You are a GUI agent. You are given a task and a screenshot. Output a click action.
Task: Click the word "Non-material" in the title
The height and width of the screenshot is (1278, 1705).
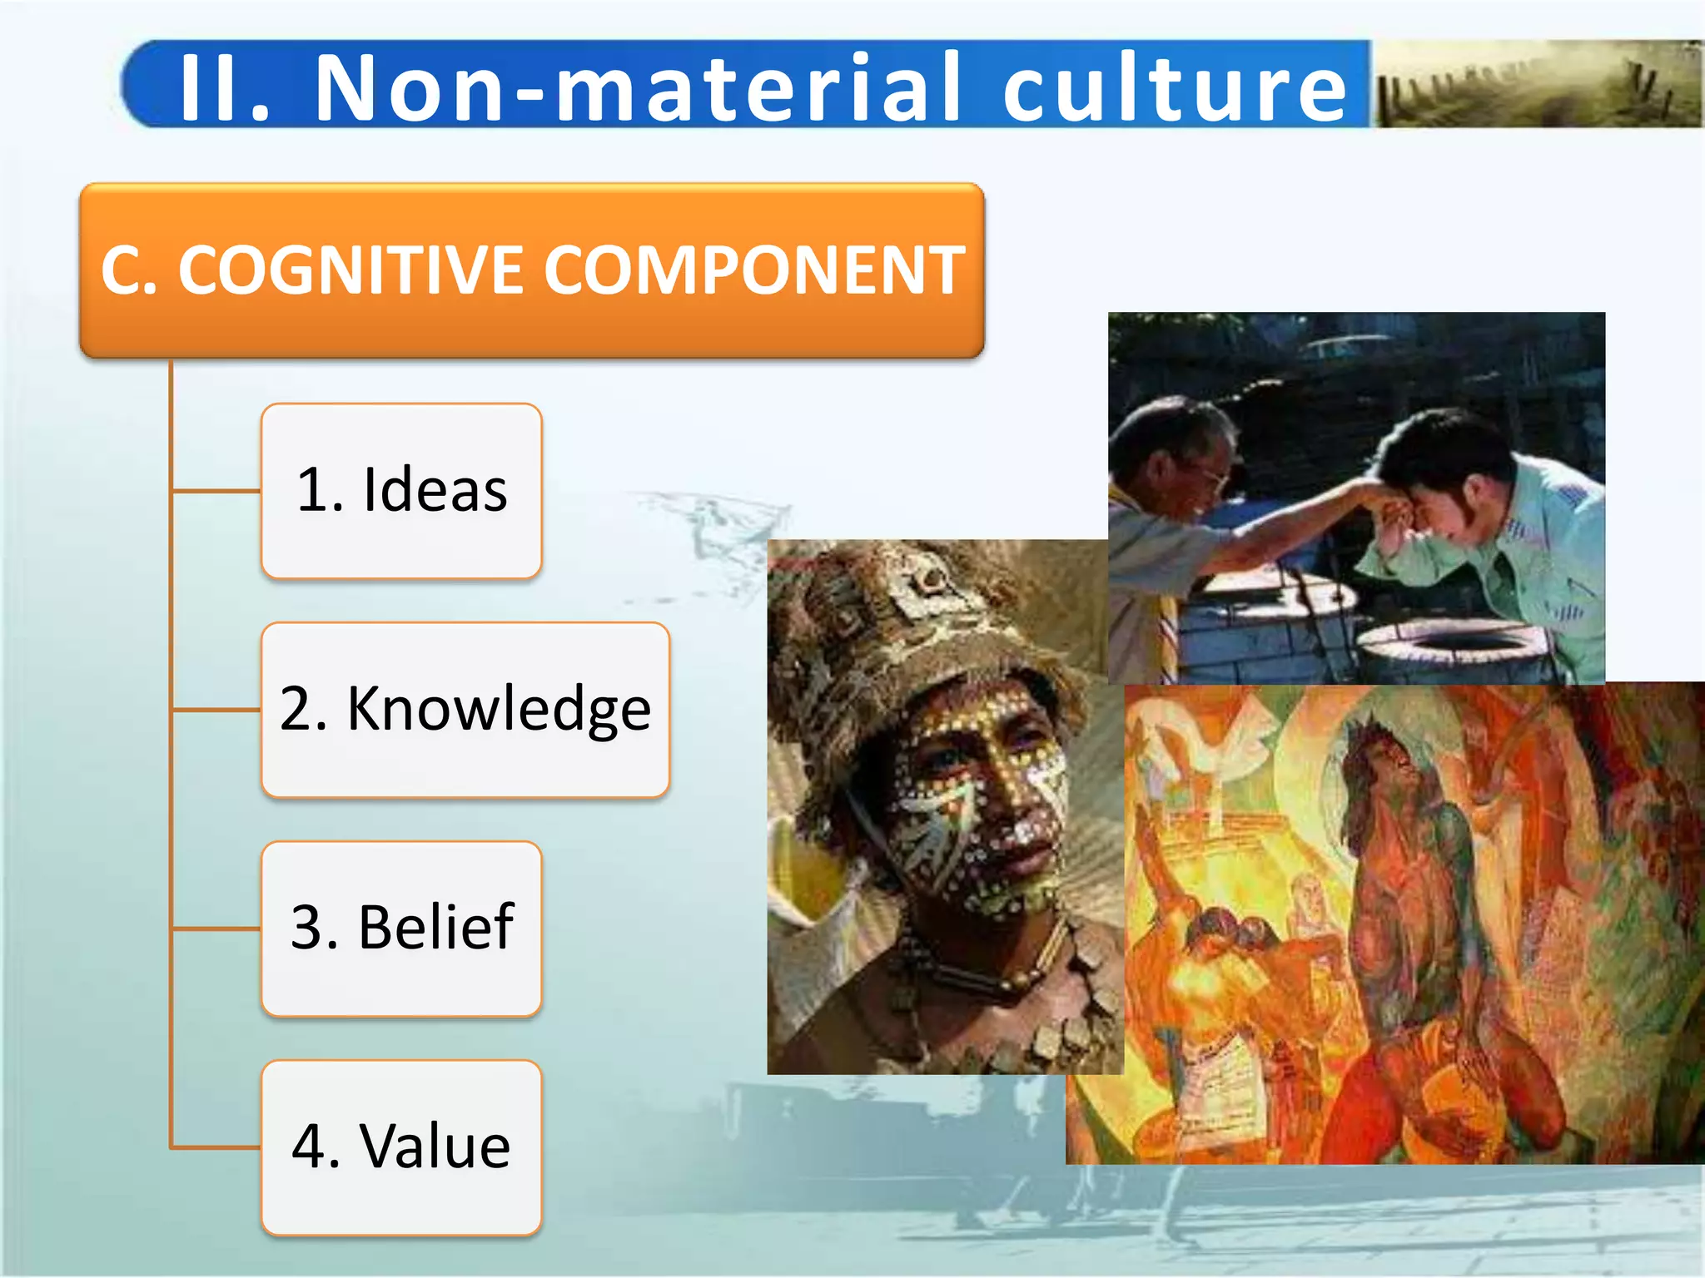[x=637, y=87]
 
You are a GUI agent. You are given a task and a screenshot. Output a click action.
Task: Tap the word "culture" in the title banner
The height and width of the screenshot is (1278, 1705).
[x=1174, y=87]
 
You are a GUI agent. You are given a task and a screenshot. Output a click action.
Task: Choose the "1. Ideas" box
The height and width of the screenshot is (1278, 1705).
[x=401, y=490]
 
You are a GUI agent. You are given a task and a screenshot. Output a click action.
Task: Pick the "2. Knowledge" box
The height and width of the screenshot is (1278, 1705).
[x=465, y=709]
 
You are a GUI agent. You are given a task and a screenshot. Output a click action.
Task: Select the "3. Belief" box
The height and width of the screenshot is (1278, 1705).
[x=401, y=928]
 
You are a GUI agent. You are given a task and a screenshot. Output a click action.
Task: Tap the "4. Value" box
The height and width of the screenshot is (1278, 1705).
[x=401, y=1147]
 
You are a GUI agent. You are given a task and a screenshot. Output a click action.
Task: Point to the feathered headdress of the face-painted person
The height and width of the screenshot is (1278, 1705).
[x=899, y=616]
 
